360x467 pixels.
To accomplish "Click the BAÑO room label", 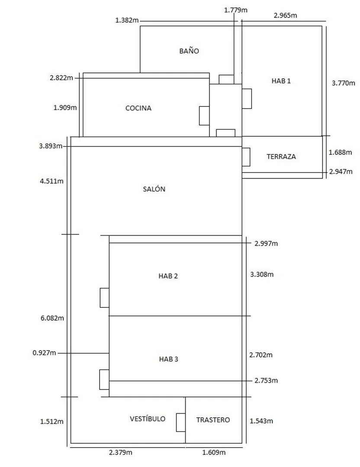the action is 189,51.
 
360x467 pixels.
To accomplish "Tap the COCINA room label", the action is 138,108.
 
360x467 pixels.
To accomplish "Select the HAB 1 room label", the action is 281,81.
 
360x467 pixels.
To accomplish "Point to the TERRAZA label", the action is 281,157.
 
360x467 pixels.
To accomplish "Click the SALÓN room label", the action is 154,189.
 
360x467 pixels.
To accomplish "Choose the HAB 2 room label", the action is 168,276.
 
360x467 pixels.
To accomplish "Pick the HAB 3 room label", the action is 168,359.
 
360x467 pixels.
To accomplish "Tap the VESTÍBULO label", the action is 148,419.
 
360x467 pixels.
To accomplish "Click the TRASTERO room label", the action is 213,420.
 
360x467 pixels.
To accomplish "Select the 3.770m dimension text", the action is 344,83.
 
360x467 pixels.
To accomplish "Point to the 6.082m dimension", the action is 52,318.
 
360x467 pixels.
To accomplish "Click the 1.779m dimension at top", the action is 236,10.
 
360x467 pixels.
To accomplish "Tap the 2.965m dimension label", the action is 286,16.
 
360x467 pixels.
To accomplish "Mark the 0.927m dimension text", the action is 45,353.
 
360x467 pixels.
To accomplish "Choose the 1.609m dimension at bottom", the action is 214,453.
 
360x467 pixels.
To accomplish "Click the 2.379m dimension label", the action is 120,452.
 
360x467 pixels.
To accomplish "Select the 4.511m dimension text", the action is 52,181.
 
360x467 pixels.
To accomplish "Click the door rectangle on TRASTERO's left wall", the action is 181,422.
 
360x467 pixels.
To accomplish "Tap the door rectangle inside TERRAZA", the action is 246,157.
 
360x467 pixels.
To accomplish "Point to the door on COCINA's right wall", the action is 204,116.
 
